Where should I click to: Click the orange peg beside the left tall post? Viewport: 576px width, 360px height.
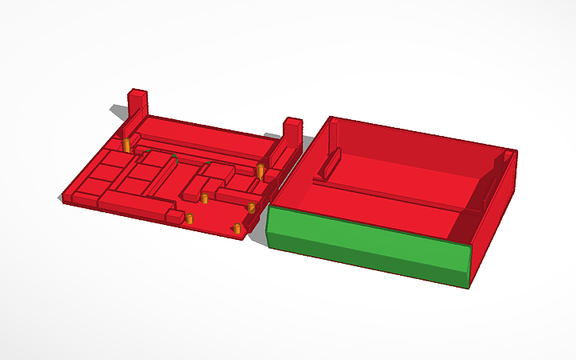pos(126,145)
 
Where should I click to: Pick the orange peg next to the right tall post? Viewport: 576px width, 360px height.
pos(260,171)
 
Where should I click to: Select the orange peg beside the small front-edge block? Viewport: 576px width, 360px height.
pos(189,218)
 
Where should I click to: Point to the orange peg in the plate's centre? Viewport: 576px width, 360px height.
pos(204,199)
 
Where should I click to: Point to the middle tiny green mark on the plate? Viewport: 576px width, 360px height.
pos(174,157)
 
